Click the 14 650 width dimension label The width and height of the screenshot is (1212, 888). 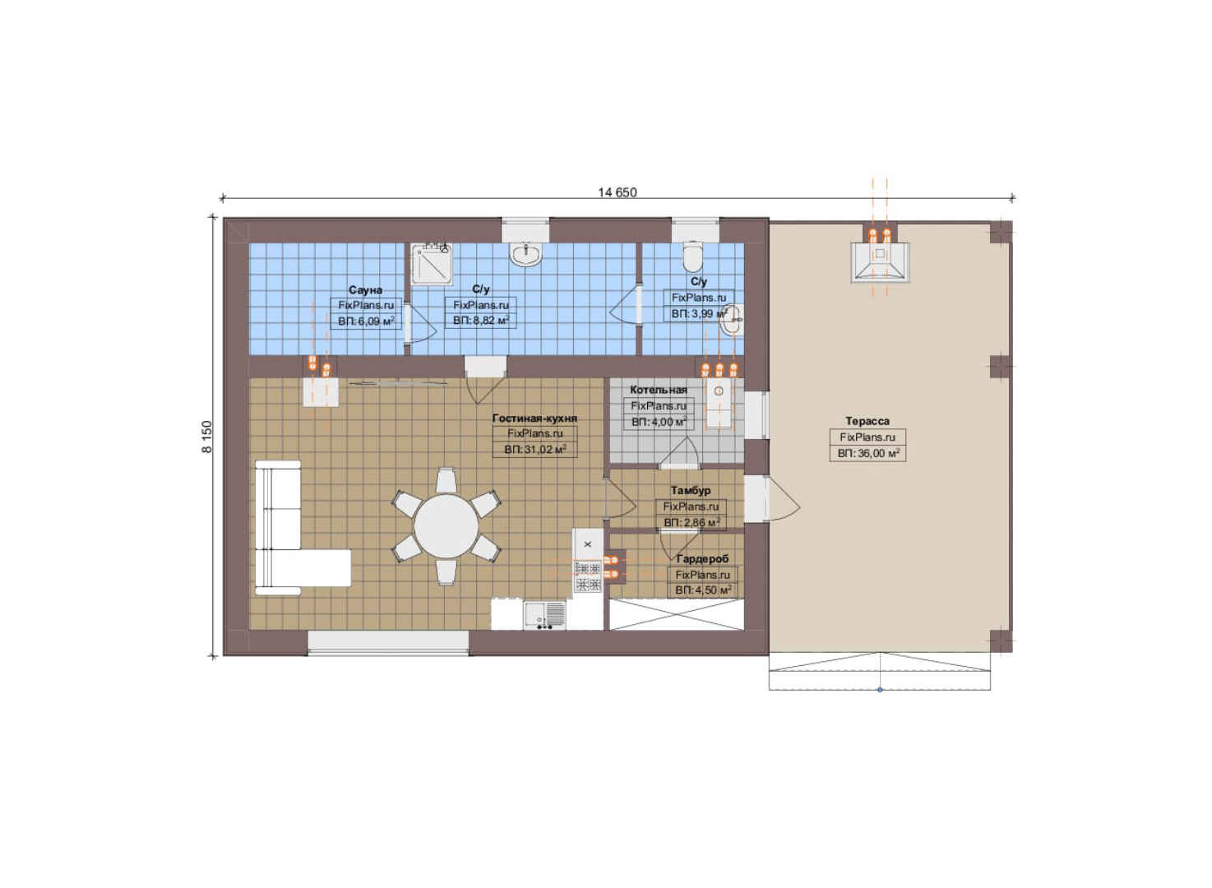pos(618,192)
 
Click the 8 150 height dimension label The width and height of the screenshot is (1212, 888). pos(208,437)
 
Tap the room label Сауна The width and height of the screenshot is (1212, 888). pos(365,290)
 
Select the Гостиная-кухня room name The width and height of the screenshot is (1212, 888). pos(534,418)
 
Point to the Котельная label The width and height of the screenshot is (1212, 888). pos(658,390)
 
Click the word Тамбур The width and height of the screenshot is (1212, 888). pos(691,490)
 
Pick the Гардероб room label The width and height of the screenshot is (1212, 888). pos(702,558)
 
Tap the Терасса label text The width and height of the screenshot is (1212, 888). pos(867,421)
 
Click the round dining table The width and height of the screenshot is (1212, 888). pos(446,525)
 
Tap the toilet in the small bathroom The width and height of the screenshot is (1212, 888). pos(692,257)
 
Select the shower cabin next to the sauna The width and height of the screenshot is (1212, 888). pos(431,264)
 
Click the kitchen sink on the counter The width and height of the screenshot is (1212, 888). pos(544,615)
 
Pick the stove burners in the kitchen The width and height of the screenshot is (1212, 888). pos(588,576)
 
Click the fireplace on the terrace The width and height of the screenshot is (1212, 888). pos(880,262)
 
